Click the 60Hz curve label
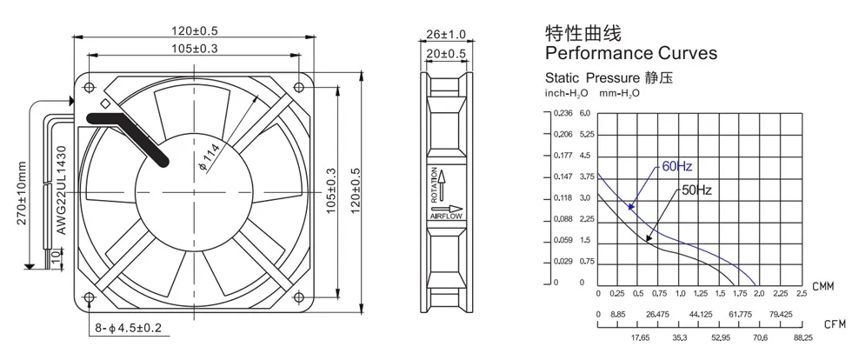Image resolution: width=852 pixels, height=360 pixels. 676,166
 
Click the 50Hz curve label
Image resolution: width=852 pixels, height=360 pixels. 697,189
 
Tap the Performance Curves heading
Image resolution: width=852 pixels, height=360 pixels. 630,53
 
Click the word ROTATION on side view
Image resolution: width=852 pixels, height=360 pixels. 434,183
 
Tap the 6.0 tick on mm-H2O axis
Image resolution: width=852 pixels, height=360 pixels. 584,113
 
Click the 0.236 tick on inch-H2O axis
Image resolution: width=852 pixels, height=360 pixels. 564,113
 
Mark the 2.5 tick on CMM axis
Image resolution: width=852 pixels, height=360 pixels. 801,294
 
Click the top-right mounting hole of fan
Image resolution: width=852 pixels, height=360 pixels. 297,88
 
